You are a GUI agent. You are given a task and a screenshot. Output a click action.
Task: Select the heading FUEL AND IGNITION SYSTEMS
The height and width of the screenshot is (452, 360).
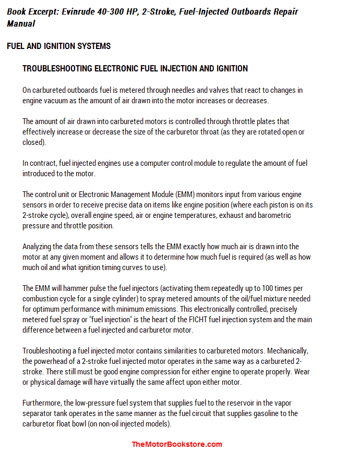point(59,46)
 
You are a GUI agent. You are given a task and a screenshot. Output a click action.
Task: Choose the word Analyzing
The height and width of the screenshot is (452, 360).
point(38,247)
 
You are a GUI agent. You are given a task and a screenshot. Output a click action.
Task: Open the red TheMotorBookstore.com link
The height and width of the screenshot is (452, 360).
point(177,445)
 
